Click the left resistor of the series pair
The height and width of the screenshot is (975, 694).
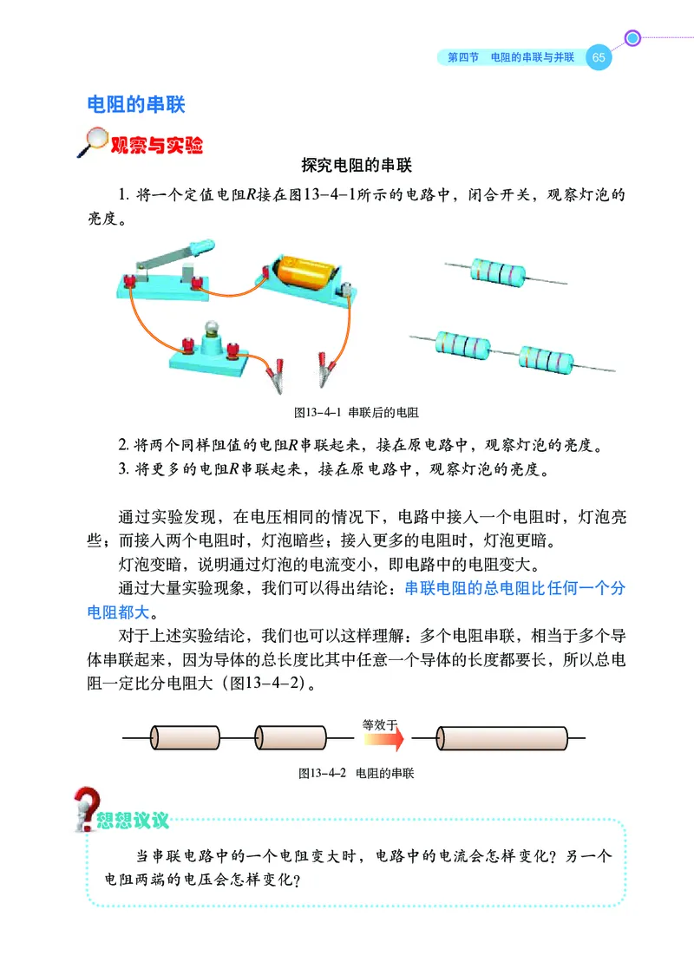(464, 345)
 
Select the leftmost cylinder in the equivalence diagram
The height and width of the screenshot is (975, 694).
(186, 739)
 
